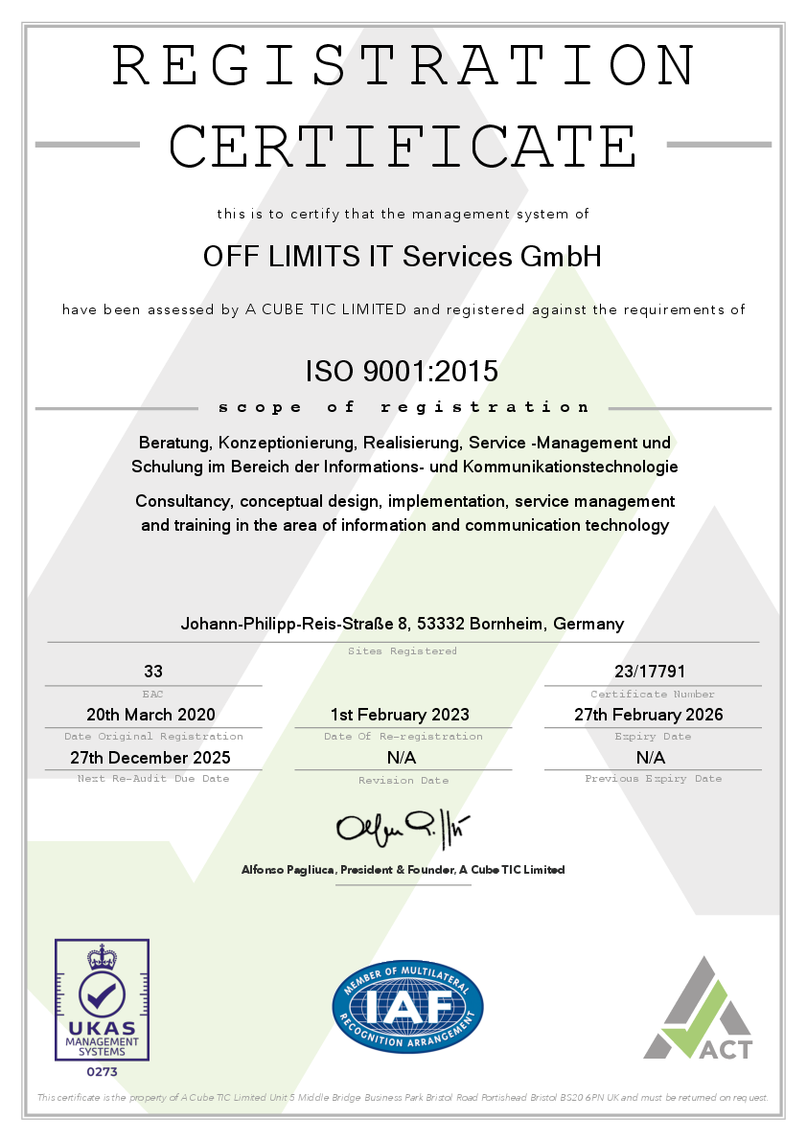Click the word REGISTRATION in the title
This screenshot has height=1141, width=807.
pos(403,65)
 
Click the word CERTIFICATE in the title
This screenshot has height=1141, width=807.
pos(403,146)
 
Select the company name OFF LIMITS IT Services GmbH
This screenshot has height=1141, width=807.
pos(403,257)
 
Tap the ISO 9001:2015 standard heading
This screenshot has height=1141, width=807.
pos(403,370)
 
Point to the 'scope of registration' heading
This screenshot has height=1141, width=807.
pos(403,407)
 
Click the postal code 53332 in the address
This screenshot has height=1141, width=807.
pos(442,624)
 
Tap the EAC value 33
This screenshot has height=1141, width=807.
pos(153,672)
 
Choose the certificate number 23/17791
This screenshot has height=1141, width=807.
pos(650,672)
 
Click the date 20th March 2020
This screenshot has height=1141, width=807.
pos(150,715)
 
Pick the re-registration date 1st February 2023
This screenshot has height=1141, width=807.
pos(400,715)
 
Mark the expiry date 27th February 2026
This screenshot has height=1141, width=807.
pos(649,715)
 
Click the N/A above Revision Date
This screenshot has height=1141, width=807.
pos(402,757)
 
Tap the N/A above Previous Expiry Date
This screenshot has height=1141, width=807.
pos(651,757)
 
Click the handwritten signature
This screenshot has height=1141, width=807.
pos(403,826)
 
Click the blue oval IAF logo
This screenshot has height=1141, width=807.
pos(407,1007)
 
